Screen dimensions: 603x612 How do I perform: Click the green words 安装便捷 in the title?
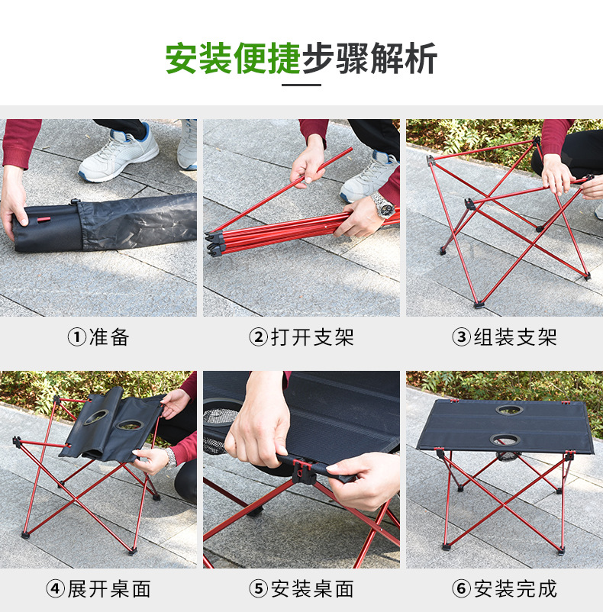[x=233, y=59]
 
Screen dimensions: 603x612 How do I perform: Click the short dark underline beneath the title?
[x=301, y=85]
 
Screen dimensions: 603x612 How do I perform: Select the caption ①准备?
[x=98, y=337]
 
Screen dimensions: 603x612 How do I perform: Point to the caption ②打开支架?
[x=301, y=337]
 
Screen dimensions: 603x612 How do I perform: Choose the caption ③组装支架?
[x=505, y=337]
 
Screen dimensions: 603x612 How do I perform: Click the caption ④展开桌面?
[x=98, y=589]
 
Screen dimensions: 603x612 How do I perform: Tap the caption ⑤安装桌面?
[x=301, y=589]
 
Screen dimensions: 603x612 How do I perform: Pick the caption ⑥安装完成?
[x=505, y=589]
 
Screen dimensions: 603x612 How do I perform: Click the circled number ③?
[x=462, y=337]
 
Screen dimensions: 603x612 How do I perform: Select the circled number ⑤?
[x=258, y=589]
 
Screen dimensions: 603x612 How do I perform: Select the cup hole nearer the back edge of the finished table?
[x=509, y=410]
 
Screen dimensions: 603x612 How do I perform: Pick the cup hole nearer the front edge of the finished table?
[x=505, y=440]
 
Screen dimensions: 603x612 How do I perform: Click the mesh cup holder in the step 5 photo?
[x=217, y=430]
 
